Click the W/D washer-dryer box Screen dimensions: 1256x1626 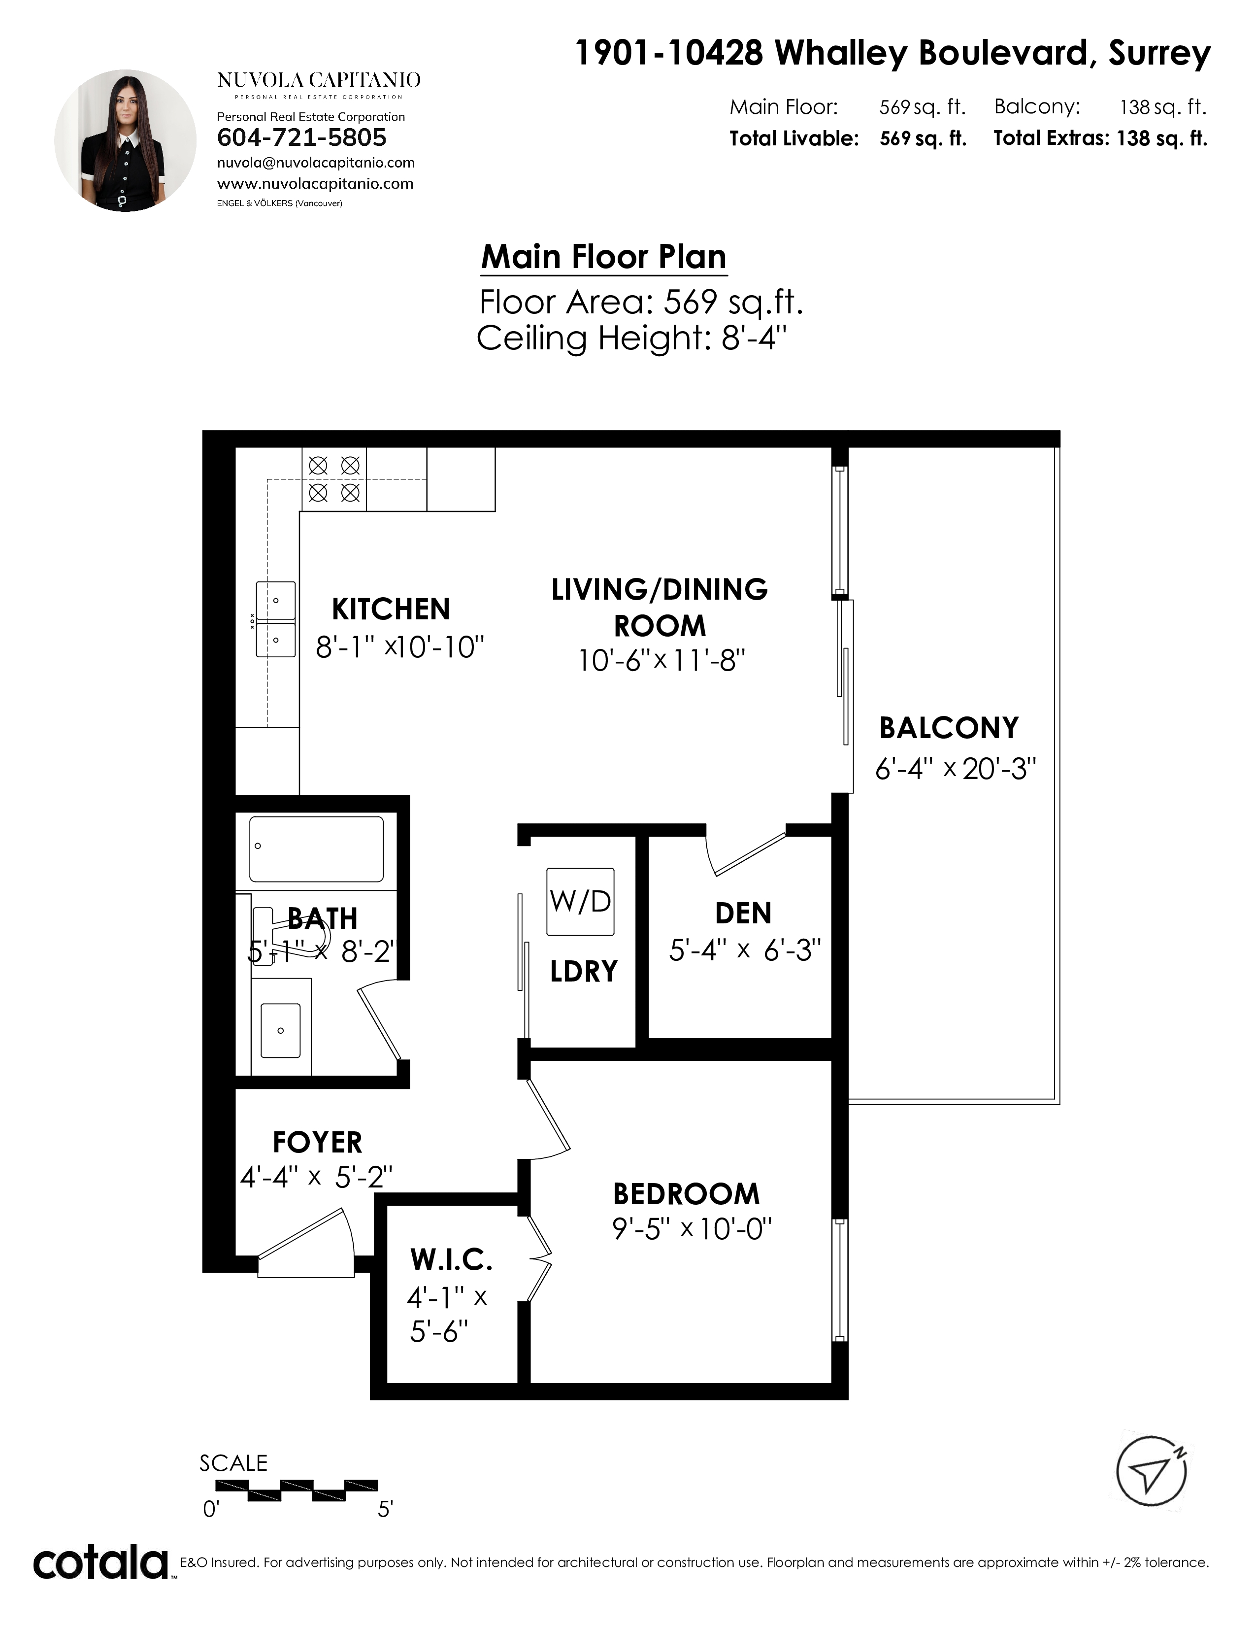580,902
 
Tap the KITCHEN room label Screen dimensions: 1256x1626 391,609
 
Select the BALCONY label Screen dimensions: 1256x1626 949,727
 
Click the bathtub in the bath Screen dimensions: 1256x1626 316,849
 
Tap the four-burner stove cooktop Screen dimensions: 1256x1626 334,479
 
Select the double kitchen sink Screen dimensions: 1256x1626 275,619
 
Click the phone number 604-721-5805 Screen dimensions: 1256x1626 301,137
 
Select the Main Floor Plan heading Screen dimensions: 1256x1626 603,257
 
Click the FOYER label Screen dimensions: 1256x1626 318,1142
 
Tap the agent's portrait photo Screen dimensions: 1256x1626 126,141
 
